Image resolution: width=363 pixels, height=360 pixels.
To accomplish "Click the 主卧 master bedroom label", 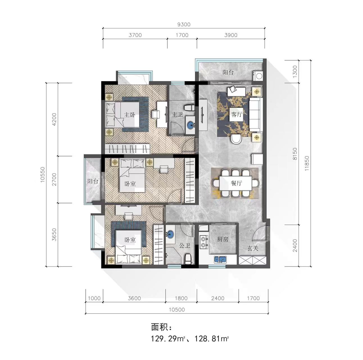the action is coord(130,115).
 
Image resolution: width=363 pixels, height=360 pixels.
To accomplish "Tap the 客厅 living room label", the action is coord(236,114).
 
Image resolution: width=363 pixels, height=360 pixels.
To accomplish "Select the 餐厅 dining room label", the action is coord(236,183).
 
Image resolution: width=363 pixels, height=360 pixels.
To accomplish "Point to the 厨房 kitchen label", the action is coord(223,239).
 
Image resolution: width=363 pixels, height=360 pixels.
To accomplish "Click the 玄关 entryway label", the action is coord(253,248).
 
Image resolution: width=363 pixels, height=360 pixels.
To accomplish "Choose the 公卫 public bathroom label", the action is coord(185,245).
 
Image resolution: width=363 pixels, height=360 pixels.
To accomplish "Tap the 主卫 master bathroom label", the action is coord(177,114).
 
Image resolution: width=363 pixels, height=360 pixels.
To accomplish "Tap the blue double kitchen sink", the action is coord(220,260).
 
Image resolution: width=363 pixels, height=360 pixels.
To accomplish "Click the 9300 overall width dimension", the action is coord(184,24).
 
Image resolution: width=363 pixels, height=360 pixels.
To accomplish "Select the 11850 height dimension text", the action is coord(307,163).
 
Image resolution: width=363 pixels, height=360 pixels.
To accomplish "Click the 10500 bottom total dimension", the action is coord(177,310).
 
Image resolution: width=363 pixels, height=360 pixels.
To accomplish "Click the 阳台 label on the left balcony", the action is coord(93,181).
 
